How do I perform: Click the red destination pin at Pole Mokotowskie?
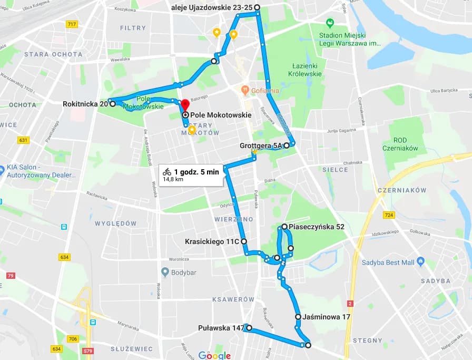[184, 104]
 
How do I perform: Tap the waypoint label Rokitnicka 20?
[85, 104]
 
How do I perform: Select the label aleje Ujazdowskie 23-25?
[212, 7]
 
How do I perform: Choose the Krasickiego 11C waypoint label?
[212, 241]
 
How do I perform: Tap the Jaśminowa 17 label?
[327, 317]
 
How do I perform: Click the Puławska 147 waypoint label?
[221, 328]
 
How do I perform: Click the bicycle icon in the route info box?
[167, 171]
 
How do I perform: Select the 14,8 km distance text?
[173, 179]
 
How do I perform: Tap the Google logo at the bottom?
[214, 355]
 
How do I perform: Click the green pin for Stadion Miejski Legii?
[330, 23]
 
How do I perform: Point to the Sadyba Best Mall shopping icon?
[420, 261]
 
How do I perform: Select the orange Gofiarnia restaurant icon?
[245, 90]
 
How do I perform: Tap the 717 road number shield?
[72, 25]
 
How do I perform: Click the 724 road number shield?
[389, 215]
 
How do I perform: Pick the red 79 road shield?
[11, 276]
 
